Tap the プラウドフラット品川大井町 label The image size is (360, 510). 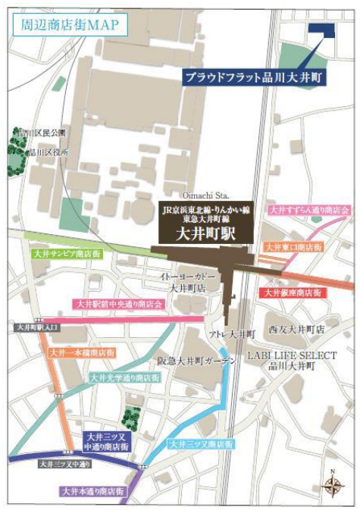(255, 77)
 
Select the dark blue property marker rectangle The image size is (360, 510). (322, 30)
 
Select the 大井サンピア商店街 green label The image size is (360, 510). (67, 255)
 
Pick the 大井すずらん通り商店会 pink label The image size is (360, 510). (309, 210)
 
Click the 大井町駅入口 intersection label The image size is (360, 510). (36, 327)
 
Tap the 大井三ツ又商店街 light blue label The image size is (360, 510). (200, 443)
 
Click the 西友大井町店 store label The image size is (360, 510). (296, 330)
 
